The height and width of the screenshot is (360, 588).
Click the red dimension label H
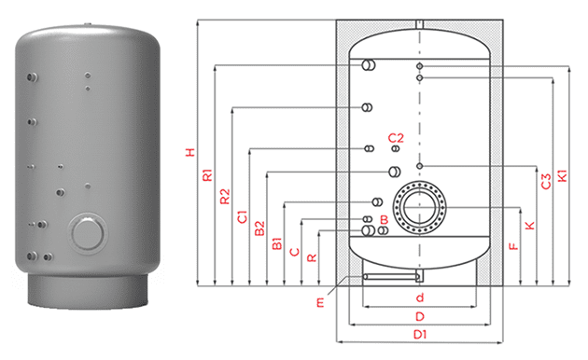coord(191,152)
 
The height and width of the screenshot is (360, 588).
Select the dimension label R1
coord(207,175)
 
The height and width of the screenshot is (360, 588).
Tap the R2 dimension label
coord(225,197)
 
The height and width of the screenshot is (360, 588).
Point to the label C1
coord(243,217)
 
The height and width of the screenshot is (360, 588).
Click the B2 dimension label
coord(259,228)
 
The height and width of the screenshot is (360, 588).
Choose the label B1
coord(277,243)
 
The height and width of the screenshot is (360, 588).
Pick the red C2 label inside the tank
coord(396,138)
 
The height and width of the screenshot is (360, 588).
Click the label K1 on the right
coord(563,176)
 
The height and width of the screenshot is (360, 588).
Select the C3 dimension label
coord(546,181)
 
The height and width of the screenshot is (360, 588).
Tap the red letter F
coord(513,246)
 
